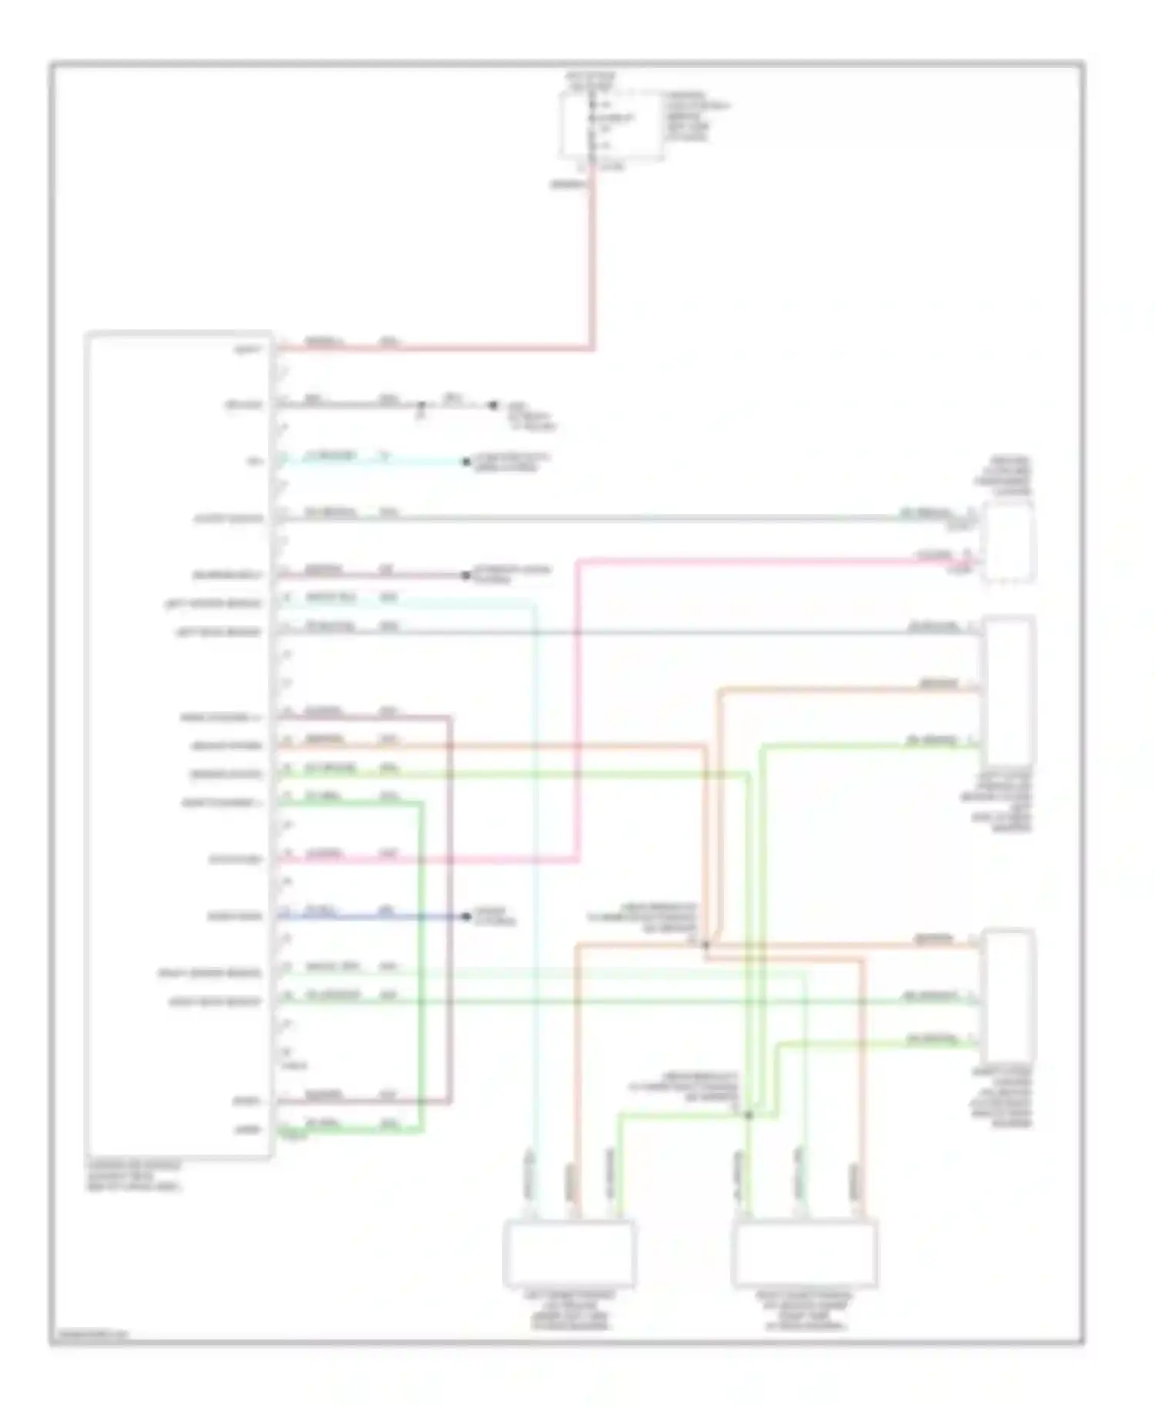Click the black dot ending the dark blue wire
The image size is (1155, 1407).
coord(466,916)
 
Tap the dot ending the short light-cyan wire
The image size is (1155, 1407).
coord(466,462)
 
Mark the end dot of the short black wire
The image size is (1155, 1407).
coord(493,405)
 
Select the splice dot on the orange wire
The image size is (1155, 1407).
coord(705,944)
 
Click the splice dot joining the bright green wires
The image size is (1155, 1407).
coord(748,1115)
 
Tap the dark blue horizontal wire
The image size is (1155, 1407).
coord(370,916)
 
